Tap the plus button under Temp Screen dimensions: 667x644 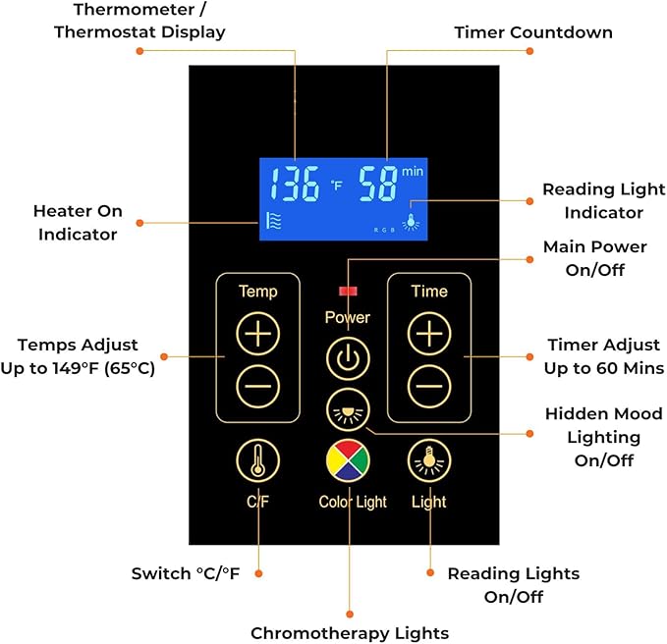point(257,333)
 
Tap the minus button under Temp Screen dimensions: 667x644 point(257,386)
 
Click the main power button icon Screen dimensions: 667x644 point(348,358)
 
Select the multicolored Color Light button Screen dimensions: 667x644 point(348,460)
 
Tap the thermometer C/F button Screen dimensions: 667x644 point(257,460)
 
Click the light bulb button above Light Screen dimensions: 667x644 point(429,460)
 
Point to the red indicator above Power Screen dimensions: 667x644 point(348,291)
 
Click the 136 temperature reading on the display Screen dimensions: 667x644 point(295,184)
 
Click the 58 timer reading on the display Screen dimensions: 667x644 point(378,184)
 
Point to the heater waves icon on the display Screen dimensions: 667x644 point(273,221)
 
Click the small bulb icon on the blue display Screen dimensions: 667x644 point(411,222)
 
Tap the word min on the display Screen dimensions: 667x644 point(413,172)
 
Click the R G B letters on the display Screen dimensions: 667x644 point(384,230)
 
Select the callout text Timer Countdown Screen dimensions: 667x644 point(533,32)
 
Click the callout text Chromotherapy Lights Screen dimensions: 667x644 point(350,633)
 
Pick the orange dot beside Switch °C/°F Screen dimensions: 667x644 point(258,573)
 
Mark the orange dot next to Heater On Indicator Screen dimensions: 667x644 point(139,223)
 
